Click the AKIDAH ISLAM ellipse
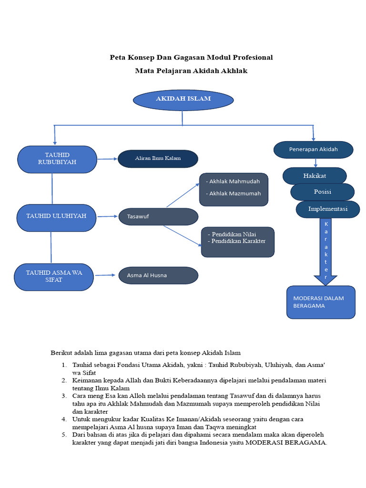[183, 100]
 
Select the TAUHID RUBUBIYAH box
[57, 159]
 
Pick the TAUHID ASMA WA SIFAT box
[54, 277]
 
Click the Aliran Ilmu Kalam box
[158, 159]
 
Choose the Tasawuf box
[158, 217]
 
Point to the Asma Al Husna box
[158, 275]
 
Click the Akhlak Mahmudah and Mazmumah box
[234, 189]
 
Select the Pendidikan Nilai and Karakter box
[238, 242]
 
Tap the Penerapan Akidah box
[313, 150]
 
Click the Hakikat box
[315, 176]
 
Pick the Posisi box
[322, 192]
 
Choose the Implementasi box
[328, 209]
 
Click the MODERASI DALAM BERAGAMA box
[321, 302]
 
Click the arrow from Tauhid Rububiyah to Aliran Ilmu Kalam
[107, 159]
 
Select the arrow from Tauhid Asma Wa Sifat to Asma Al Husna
[106, 275]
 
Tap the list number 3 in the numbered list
[64, 396]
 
